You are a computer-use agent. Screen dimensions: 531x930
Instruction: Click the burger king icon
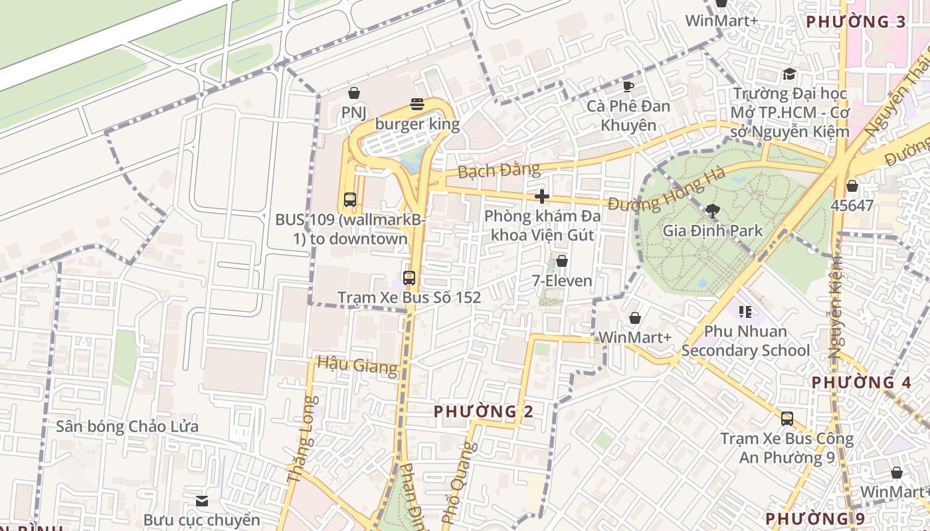(x=417, y=104)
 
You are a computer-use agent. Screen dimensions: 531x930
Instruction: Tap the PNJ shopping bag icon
(x=354, y=93)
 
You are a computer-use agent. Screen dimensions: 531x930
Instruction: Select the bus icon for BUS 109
(x=350, y=199)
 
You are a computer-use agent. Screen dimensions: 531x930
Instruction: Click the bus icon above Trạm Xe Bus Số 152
(x=409, y=278)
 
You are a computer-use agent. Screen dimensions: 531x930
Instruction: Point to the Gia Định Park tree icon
(x=713, y=212)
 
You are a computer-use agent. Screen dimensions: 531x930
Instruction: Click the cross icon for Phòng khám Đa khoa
(x=542, y=196)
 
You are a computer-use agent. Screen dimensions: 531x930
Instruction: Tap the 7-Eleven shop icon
(x=562, y=261)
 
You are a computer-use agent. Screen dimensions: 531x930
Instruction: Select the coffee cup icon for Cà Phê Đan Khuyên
(x=628, y=86)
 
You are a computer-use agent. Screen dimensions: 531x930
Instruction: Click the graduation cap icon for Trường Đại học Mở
(x=789, y=74)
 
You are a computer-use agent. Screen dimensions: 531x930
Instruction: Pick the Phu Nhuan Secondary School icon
(x=745, y=311)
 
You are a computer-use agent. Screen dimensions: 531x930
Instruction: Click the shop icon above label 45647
(x=852, y=186)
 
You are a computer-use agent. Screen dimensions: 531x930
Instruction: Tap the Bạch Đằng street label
(x=500, y=170)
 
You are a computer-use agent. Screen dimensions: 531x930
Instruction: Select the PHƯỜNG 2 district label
(x=484, y=412)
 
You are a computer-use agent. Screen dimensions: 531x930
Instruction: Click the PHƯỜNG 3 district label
(x=856, y=22)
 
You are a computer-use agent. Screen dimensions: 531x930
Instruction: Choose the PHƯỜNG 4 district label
(x=861, y=382)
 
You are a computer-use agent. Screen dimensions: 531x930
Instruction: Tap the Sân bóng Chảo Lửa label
(x=127, y=426)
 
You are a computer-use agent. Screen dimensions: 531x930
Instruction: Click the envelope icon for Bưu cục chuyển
(x=202, y=500)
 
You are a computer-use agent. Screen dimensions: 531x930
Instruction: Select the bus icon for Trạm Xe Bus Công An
(x=787, y=419)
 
